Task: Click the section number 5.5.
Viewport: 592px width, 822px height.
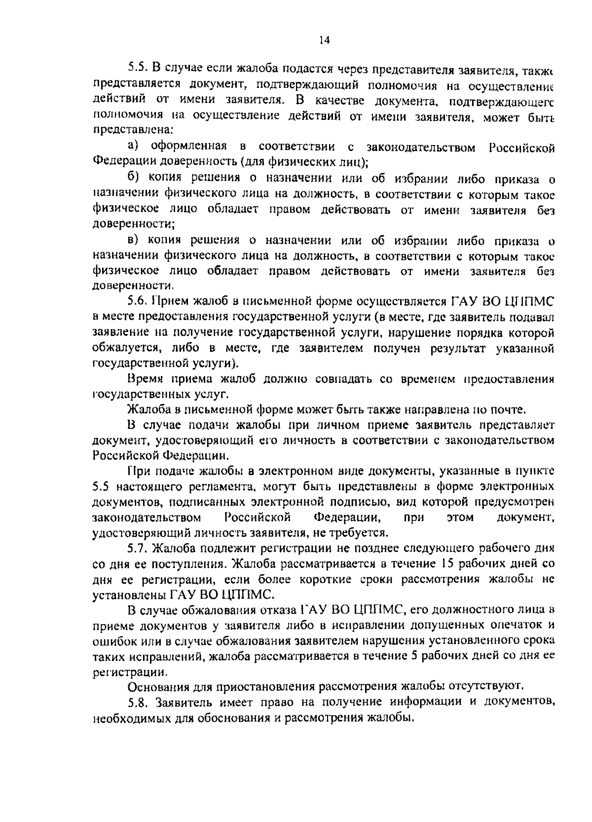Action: point(137,69)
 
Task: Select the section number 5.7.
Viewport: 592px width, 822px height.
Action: point(137,548)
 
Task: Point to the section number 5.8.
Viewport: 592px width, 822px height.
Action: point(137,702)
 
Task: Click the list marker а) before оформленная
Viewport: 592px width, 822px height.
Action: point(134,147)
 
